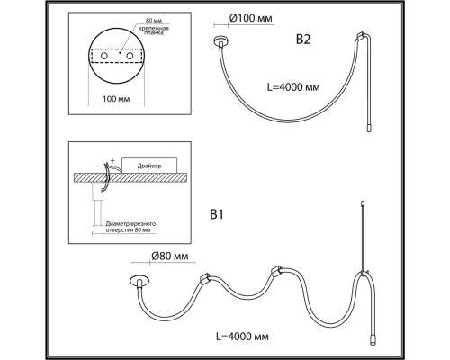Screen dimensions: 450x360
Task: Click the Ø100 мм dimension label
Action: pyautogui.click(x=251, y=18)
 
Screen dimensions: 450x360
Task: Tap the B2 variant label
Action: pyautogui.click(x=303, y=40)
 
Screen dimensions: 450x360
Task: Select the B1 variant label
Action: pyautogui.click(x=217, y=215)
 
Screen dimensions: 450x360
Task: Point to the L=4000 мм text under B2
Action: pyautogui.click(x=293, y=87)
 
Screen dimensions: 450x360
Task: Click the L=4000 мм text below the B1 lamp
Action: pyautogui.click(x=242, y=337)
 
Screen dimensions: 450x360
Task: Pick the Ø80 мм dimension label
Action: pyautogui.click(x=170, y=256)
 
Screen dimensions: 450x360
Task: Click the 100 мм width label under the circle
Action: pyautogui.click(x=116, y=98)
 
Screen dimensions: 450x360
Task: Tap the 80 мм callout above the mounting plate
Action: pyautogui.click(x=153, y=21)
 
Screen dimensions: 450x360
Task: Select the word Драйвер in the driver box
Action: pyautogui.click(x=149, y=166)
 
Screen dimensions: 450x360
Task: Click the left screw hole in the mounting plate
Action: pyautogui.click(x=104, y=56)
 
